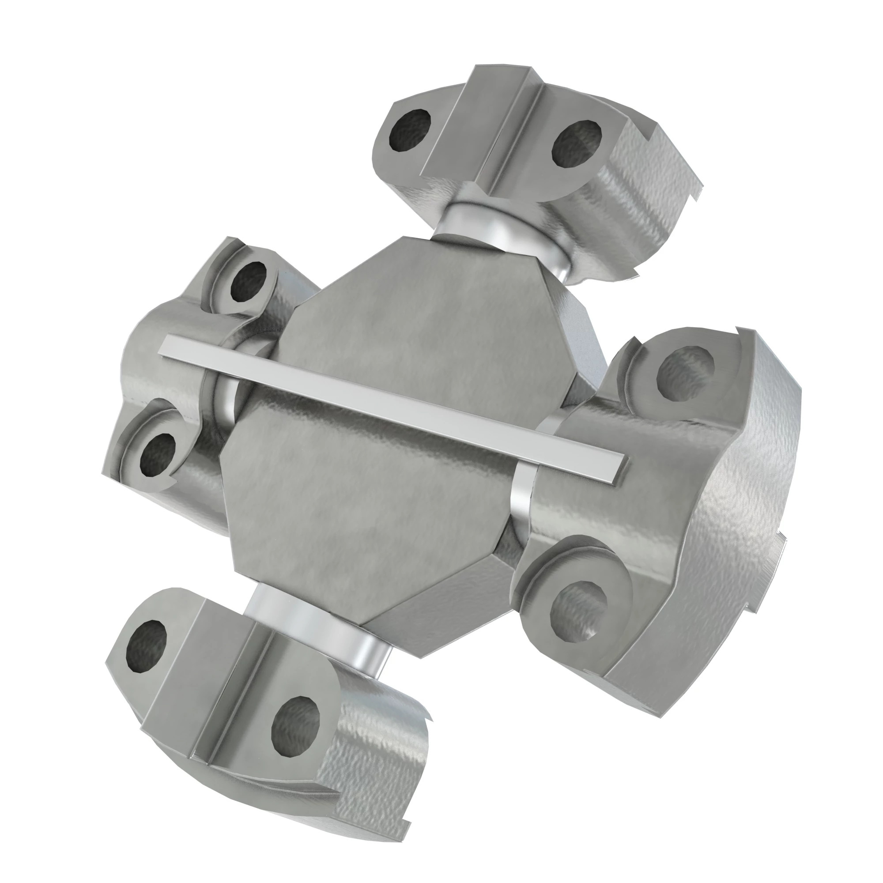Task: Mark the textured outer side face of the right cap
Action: (740, 525)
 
